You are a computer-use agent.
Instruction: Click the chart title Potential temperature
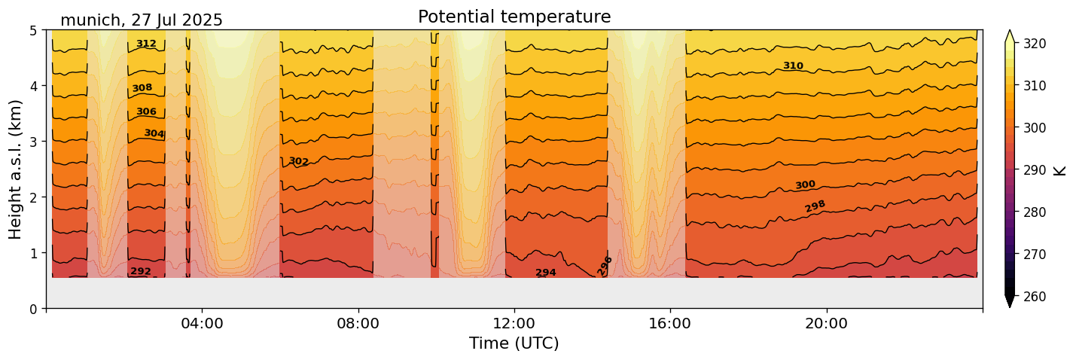pyautogui.click(x=514, y=17)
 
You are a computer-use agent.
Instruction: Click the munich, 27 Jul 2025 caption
pyautogui.click(x=142, y=20)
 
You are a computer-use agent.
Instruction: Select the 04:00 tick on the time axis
pyautogui.click(x=202, y=324)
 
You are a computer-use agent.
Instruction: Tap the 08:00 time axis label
pyautogui.click(x=358, y=324)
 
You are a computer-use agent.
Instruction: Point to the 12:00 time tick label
pyautogui.click(x=514, y=324)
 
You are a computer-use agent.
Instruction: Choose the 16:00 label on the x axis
pyautogui.click(x=670, y=324)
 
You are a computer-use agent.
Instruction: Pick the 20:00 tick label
pyautogui.click(x=827, y=324)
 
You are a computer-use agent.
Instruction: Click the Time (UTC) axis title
pyautogui.click(x=514, y=343)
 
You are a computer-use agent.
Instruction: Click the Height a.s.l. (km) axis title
pyautogui.click(x=16, y=169)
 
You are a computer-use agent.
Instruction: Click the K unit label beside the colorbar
pyautogui.click(x=1060, y=170)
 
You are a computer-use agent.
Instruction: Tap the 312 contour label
pyautogui.click(x=146, y=44)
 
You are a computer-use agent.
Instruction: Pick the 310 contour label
pyautogui.click(x=793, y=66)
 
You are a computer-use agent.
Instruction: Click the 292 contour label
pyautogui.click(x=141, y=271)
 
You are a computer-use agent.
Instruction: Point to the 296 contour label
pyautogui.click(x=605, y=266)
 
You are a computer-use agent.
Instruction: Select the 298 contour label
pyautogui.click(x=815, y=206)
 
